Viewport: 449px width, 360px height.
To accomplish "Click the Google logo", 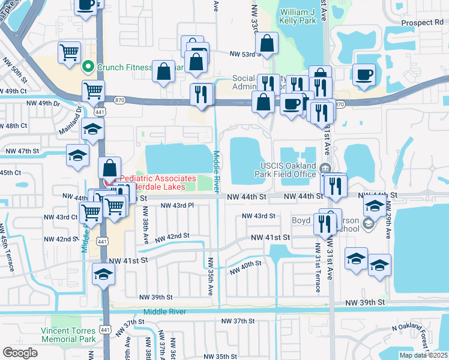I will pyautogui.click(x=20, y=353).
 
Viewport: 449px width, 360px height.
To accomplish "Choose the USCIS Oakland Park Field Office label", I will pyautogui.click(x=288, y=170).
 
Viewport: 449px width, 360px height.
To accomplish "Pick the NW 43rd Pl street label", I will pyautogui.click(x=178, y=205).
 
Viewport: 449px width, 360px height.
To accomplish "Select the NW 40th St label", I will pyautogui.click(x=247, y=265).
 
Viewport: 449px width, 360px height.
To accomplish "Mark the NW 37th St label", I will pyautogui.click(x=236, y=322).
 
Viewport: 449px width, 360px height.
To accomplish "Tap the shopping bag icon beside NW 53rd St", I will pyautogui.click(x=267, y=43).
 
